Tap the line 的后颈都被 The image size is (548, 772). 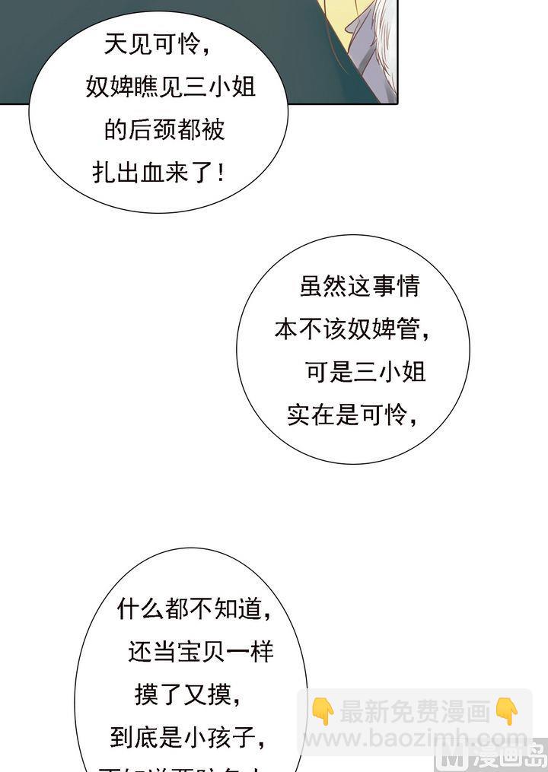point(164,130)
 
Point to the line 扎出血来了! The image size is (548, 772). point(159,173)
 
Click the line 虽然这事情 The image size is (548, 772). point(359,286)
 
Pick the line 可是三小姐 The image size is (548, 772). point(365,372)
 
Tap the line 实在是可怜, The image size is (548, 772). point(352,415)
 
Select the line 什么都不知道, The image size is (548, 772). point(194,608)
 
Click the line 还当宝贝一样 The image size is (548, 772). point(201,652)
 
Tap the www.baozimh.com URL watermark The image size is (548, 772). point(415,739)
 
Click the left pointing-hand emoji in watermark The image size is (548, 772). point(323,712)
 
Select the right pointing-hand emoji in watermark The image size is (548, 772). point(506,712)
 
